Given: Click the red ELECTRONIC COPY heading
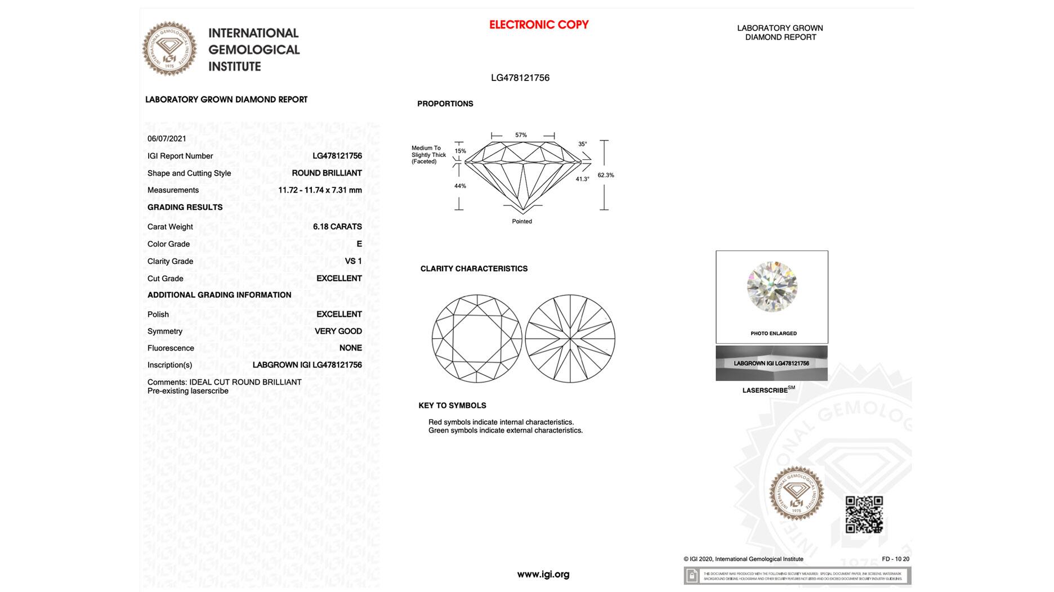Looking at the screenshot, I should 539,25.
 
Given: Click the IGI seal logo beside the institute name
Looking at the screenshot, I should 169,49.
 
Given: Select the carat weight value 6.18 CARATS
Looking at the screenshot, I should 337,227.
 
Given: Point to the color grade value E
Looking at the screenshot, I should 359,244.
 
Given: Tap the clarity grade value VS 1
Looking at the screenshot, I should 353,261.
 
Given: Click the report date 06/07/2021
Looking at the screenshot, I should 167,138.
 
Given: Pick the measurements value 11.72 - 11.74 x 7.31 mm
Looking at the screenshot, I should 320,190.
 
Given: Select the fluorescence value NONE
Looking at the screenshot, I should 350,348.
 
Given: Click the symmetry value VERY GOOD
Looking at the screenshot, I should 338,331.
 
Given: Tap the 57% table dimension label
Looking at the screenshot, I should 521,135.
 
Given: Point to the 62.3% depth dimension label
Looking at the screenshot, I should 606,175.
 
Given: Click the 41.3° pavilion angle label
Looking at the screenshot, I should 582,179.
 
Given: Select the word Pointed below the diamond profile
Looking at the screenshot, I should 522,221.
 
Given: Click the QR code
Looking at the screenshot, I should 864,514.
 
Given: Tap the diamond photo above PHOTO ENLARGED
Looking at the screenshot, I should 772,287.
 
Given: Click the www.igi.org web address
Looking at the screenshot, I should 543,575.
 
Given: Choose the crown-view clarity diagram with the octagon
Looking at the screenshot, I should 477,339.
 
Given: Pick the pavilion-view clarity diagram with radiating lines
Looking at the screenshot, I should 570,339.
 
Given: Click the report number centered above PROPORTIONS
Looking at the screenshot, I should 520,78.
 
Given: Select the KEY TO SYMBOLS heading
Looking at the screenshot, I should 452,405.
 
